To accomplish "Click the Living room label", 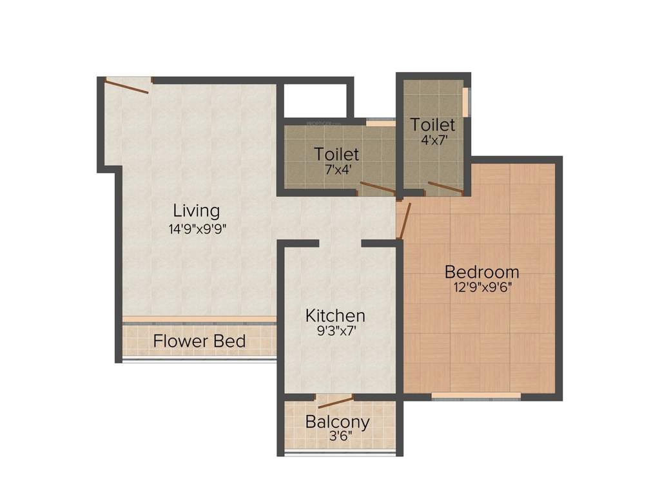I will [196, 211].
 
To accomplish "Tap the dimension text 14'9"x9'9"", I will [199, 229].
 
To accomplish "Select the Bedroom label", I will [481, 271].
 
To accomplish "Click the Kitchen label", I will [335, 316].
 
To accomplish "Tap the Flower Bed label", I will [199, 341].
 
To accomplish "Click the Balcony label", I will [338, 422].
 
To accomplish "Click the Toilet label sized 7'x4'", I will [336, 154].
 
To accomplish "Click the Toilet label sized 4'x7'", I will [432, 124].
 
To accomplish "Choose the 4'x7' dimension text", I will [432, 139].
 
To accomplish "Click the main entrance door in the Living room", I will [128, 85].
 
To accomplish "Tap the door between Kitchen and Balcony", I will [335, 403].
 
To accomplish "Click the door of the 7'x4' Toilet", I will [377, 188].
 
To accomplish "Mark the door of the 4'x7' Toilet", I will [445, 188].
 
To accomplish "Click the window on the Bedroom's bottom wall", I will [476, 395].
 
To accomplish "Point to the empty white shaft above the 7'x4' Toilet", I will [316, 101].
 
